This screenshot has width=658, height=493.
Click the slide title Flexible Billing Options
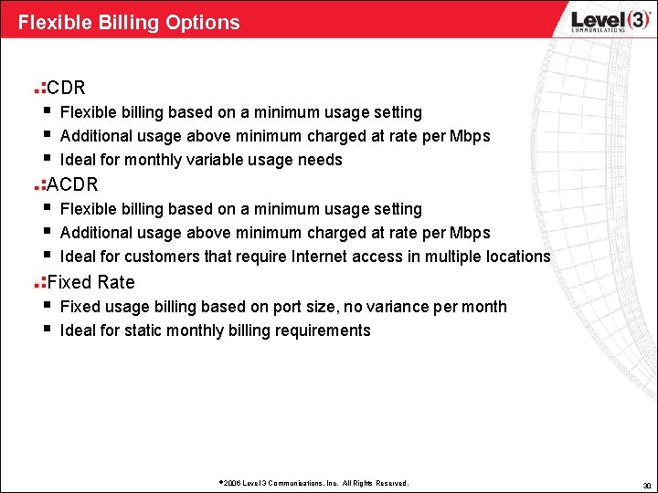point(129,22)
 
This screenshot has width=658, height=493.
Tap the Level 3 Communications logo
point(598,21)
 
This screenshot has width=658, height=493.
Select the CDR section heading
point(66,89)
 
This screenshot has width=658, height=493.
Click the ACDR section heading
point(72,185)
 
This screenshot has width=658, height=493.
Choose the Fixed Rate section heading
point(90,282)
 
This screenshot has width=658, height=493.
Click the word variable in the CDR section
point(239,160)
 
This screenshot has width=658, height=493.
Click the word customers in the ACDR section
point(160,257)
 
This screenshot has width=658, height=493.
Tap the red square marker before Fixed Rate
point(39,283)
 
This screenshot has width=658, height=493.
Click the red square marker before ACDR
point(39,186)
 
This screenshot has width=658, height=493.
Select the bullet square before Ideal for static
point(45,329)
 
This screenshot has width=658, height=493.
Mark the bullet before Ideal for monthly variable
point(45,158)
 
